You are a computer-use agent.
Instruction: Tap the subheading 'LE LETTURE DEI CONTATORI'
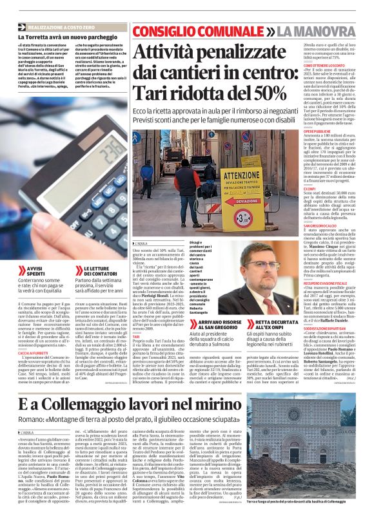[x=100, y=271]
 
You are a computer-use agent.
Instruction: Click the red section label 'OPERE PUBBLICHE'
[x=302, y=129]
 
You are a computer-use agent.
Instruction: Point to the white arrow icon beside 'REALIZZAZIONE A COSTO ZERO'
[x=22, y=27]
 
